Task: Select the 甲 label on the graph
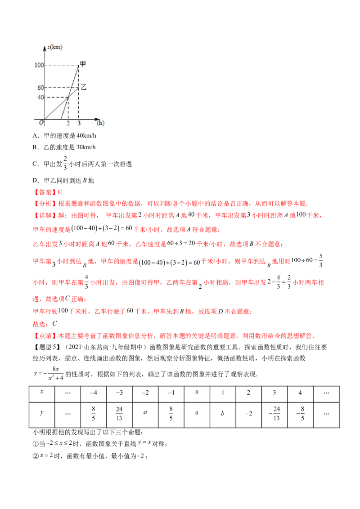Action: pos(83,63)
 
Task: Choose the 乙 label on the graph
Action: pos(83,86)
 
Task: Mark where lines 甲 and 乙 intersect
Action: pos(68,98)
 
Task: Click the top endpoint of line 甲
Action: pos(79,65)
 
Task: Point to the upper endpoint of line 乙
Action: pos(79,87)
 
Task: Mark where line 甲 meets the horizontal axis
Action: pos(61,119)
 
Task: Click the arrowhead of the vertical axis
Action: pos(45,45)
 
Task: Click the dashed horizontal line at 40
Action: pos(56,98)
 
